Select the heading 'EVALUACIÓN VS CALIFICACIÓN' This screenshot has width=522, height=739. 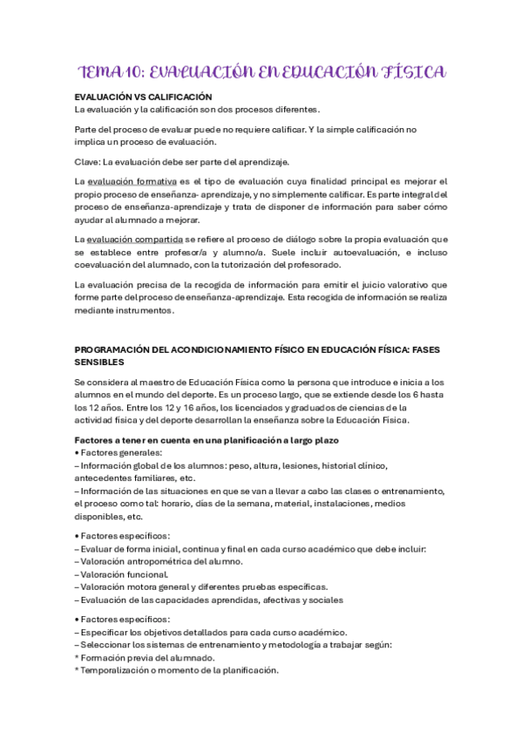(x=144, y=96)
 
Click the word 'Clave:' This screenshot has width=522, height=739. (x=88, y=162)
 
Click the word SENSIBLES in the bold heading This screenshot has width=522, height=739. (x=99, y=361)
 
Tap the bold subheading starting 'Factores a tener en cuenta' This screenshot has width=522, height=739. (x=206, y=439)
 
